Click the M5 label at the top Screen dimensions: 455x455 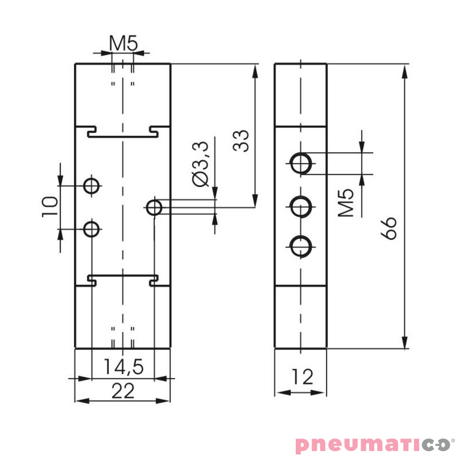pyautogui.click(x=123, y=43)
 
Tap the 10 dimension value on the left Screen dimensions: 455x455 pyautogui.click(x=49, y=207)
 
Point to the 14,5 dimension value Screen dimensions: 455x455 pyautogui.click(x=122, y=367)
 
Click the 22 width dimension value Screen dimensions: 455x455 pyautogui.click(x=122, y=391)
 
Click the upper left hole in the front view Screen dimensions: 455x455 pyautogui.click(x=91, y=185)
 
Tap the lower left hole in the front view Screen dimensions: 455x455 pyautogui.click(x=91, y=229)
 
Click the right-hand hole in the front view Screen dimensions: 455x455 pyautogui.click(x=154, y=208)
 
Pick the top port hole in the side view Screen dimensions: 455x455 pyautogui.click(x=300, y=163)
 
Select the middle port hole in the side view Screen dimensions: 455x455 pyautogui.click(x=300, y=205)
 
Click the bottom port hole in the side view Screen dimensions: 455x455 pyautogui.click(x=300, y=247)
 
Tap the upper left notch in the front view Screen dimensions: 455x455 pyautogui.click(x=91, y=132)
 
